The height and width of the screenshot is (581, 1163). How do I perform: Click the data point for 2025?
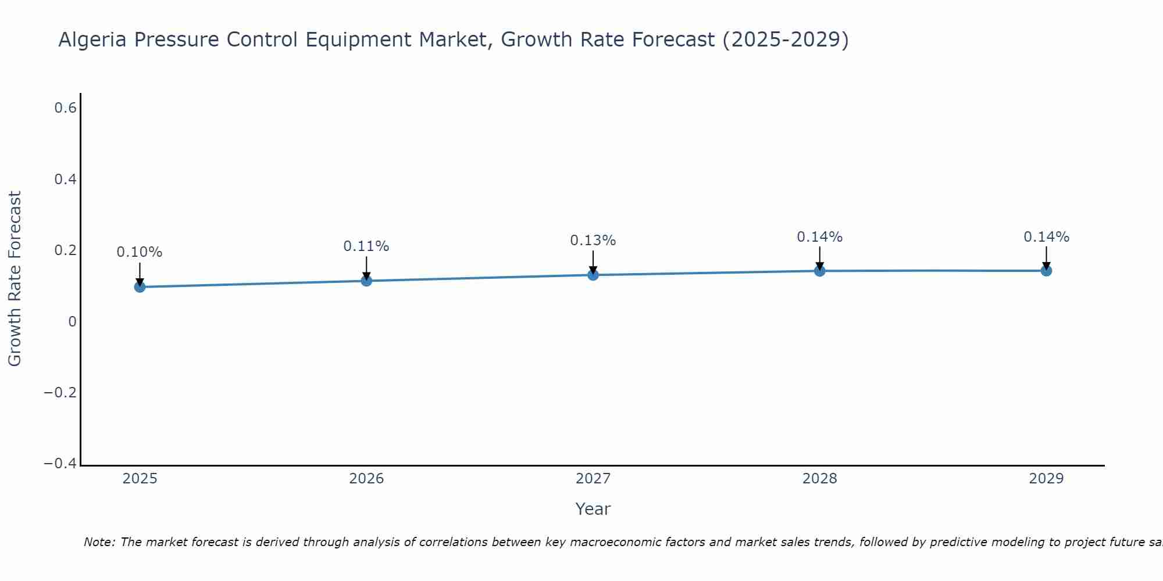pyautogui.click(x=140, y=286)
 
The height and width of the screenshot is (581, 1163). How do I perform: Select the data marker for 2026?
pyautogui.click(x=366, y=281)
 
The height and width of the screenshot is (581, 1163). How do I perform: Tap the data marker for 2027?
pyautogui.click(x=593, y=274)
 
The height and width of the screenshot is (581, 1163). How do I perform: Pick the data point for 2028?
pyautogui.click(x=820, y=271)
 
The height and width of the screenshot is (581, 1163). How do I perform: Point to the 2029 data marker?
pyautogui.click(x=1046, y=270)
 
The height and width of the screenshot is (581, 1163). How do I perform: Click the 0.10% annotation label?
pyautogui.click(x=140, y=252)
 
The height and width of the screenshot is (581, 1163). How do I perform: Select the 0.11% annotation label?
pyautogui.click(x=366, y=246)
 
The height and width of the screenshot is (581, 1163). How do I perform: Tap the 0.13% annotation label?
pyautogui.click(x=593, y=241)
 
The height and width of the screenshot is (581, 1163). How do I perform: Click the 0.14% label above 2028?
pyautogui.click(x=820, y=237)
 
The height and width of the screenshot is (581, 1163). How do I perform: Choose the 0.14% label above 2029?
pyautogui.click(x=1046, y=237)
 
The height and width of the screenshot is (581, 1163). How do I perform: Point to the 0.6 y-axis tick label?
pyautogui.click(x=66, y=108)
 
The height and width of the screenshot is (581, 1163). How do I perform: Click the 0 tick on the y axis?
pyautogui.click(x=72, y=322)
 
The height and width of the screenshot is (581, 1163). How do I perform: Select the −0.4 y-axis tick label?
pyautogui.click(x=60, y=464)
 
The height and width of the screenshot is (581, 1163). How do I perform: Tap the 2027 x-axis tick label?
pyautogui.click(x=593, y=479)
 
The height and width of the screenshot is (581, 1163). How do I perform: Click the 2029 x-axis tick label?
pyautogui.click(x=1046, y=479)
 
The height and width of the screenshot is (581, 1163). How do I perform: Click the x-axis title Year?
pyautogui.click(x=593, y=509)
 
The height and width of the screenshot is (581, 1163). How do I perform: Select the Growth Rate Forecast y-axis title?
pyautogui.click(x=15, y=279)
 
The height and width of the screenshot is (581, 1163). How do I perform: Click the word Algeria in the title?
pyautogui.click(x=93, y=40)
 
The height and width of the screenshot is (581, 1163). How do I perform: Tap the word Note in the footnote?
pyautogui.click(x=99, y=542)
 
